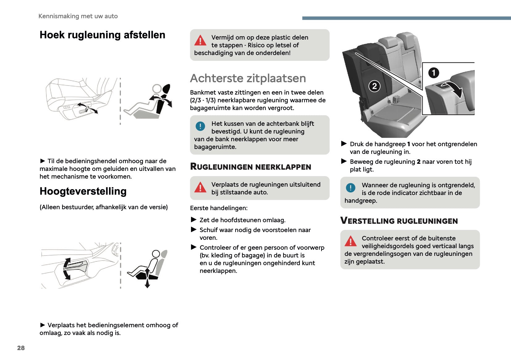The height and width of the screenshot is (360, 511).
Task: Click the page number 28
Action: tap(21, 348)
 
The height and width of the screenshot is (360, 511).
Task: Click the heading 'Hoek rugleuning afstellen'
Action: tap(102, 35)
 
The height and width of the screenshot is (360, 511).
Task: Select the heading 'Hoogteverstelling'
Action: tap(83, 191)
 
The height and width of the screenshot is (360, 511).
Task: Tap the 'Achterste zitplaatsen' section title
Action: tap(248, 78)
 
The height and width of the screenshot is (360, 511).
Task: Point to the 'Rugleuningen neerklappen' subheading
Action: tap(250, 167)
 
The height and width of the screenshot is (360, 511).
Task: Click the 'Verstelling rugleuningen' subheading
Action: tap(399, 221)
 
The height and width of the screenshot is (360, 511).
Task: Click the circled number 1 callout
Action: tap(433, 73)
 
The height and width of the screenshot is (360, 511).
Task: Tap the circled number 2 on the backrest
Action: tap(374, 86)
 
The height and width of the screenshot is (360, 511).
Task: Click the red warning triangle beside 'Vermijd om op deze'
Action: tap(200, 40)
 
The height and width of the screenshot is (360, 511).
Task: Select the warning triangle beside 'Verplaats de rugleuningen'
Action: tap(200, 187)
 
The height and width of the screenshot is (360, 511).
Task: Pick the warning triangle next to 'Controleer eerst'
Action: tap(351, 241)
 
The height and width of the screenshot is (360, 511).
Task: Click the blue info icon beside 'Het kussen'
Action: tap(200, 126)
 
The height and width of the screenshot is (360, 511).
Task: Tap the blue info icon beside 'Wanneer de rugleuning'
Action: tap(351, 188)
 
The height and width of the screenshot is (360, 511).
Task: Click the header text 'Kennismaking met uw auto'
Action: tap(78, 16)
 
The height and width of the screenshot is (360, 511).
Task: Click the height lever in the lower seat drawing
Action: tap(77, 265)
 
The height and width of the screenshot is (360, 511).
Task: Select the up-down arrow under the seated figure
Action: tap(147, 278)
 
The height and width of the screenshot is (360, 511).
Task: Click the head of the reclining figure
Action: tap(157, 89)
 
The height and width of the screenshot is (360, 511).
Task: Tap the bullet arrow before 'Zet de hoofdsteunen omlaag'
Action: tap(194, 220)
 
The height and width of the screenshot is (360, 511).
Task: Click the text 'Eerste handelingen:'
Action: tap(219, 208)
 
